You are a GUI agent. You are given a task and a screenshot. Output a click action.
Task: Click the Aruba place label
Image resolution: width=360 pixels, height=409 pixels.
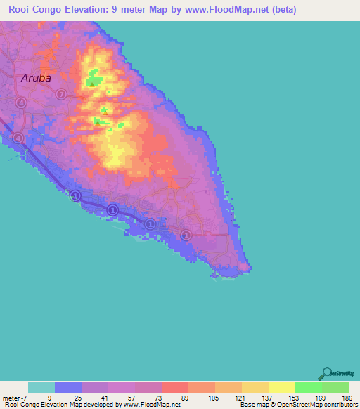36,78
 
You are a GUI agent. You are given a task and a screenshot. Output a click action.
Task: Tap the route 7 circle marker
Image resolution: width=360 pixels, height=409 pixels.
61,94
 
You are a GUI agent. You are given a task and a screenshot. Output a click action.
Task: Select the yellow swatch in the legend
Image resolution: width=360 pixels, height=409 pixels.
281,387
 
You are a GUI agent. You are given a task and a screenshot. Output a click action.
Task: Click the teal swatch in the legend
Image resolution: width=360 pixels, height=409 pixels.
41,387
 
